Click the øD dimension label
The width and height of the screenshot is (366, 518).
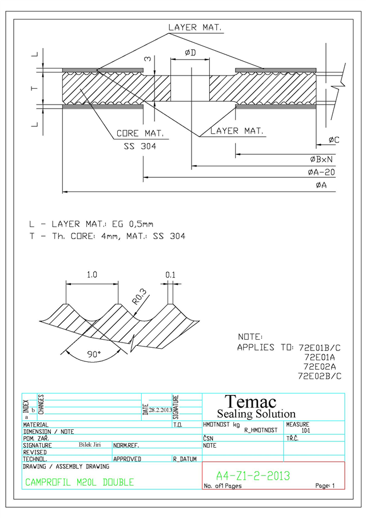[x=190, y=53]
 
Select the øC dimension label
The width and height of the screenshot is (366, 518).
[x=333, y=140]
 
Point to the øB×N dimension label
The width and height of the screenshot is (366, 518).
[x=321, y=160]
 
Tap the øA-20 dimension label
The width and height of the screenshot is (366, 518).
[x=321, y=172]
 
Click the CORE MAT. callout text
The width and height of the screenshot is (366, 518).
[x=140, y=133]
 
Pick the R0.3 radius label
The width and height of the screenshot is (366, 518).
[x=140, y=296]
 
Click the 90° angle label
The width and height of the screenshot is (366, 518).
[x=94, y=354]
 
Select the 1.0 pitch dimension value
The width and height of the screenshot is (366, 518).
[x=92, y=274]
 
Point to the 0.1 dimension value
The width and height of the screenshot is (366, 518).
[x=170, y=275]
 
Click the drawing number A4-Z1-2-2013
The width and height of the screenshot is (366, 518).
[x=253, y=476]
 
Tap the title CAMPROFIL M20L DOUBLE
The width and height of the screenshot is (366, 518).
[x=79, y=483]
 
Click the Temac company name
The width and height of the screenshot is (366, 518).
[x=250, y=402]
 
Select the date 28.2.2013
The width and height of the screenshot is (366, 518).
[x=161, y=410]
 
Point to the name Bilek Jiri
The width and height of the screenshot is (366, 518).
[x=90, y=445]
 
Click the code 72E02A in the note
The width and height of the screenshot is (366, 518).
[x=320, y=366]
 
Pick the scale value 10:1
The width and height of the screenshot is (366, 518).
[x=305, y=431]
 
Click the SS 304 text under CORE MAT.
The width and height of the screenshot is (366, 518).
[x=140, y=146]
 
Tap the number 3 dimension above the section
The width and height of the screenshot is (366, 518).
[x=148, y=59]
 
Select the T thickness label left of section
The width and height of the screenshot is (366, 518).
[x=34, y=89]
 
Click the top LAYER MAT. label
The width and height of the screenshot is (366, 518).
[x=195, y=27]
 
